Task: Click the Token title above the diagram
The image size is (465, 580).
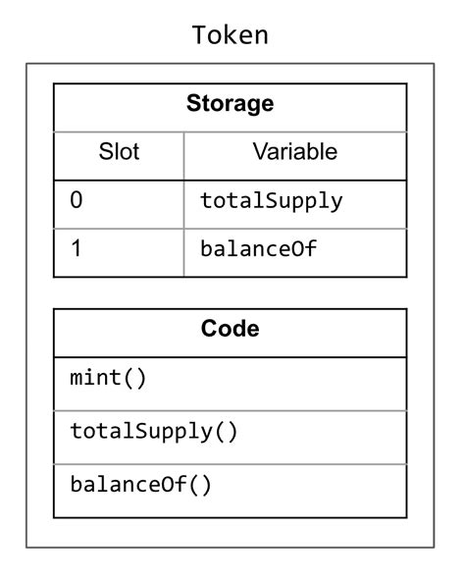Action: point(231,36)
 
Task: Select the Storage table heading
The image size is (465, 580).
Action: point(231,104)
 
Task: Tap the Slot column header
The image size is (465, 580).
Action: point(119,152)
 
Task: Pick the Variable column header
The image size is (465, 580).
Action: point(294,152)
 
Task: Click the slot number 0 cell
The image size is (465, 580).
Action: point(77,201)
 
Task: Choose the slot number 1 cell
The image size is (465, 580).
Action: point(77,249)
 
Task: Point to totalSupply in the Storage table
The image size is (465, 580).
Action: point(272,201)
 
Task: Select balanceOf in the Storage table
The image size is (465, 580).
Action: point(259,249)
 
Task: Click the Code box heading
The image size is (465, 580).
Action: point(231,329)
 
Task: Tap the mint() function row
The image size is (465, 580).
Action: point(108,378)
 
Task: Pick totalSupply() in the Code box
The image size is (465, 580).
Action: point(154,431)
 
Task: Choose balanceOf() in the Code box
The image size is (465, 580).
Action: point(140,484)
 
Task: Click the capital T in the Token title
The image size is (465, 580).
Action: point(198,36)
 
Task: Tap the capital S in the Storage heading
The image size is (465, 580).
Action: point(193,104)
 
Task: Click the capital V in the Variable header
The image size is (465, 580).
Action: point(260,152)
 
